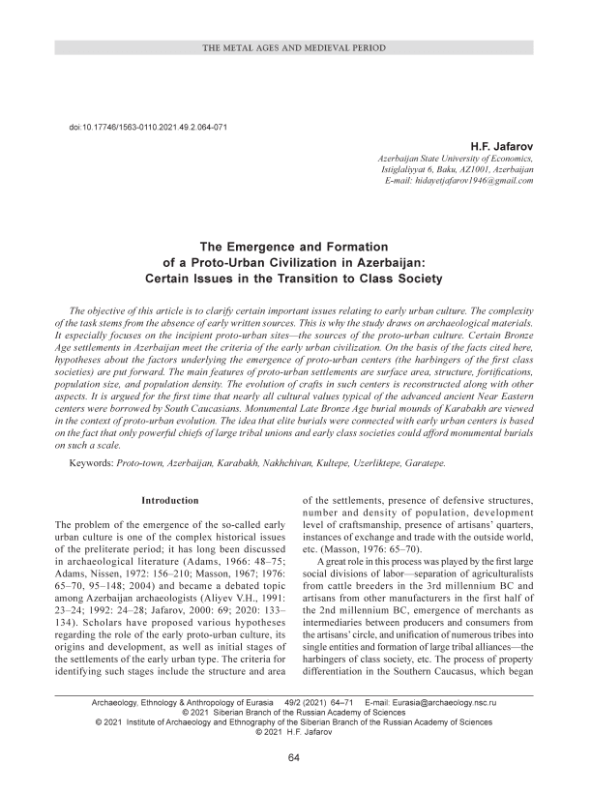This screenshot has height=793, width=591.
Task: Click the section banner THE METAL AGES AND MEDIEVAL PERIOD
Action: pos(295,46)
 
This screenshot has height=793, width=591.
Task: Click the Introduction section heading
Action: pos(170,500)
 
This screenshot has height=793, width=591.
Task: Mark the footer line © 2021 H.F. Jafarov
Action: pos(295,732)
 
